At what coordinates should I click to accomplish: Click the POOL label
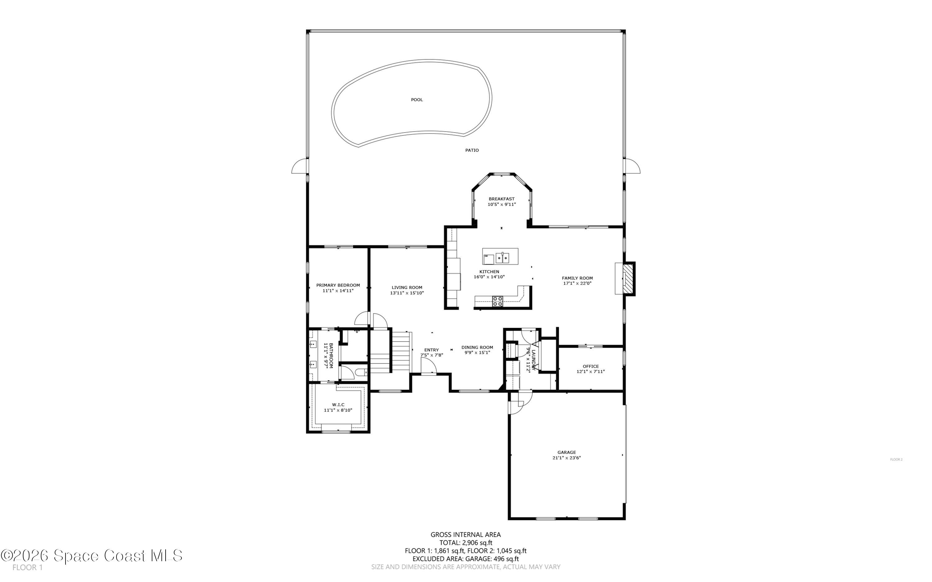[x=417, y=100]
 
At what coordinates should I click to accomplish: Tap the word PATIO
[x=472, y=150]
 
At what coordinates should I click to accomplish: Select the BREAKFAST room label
[x=501, y=199]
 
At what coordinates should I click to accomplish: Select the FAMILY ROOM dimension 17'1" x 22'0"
[x=577, y=283]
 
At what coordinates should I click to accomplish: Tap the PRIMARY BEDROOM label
[x=338, y=285]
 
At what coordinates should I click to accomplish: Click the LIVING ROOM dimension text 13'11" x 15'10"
[x=407, y=293]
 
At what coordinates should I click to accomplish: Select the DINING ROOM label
[x=477, y=347]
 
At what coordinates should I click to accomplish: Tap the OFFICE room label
[x=590, y=366]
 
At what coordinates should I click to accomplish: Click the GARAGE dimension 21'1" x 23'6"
[x=566, y=458]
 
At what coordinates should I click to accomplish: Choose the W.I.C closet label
[x=338, y=405]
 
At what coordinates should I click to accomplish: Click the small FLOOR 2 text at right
[x=896, y=459]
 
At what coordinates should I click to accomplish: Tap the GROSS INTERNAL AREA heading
[x=466, y=534]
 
